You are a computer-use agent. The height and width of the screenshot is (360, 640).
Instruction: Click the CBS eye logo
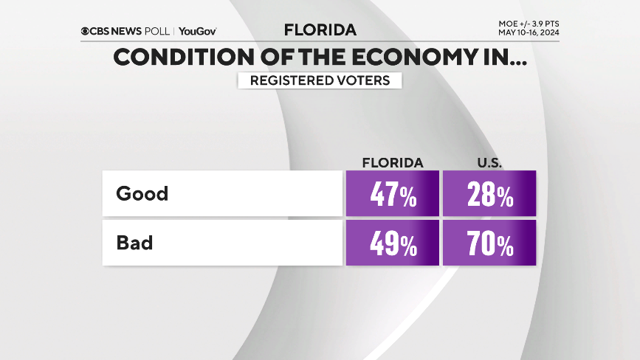pyautogui.click(x=86, y=31)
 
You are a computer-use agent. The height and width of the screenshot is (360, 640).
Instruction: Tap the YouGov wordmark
pyautogui.click(x=198, y=31)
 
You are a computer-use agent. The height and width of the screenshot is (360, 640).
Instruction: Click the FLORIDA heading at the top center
pyautogui.click(x=320, y=30)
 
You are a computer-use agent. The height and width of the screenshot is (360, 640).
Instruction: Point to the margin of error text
pyautogui.click(x=529, y=24)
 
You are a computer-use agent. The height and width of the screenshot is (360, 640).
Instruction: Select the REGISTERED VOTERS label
pyautogui.click(x=320, y=80)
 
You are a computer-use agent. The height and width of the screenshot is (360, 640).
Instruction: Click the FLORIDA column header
pyautogui.click(x=392, y=163)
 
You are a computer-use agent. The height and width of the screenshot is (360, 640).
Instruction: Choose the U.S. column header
pyautogui.click(x=489, y=163)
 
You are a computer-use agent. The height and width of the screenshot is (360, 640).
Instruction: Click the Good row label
pyautogui.click(x=142, y=194)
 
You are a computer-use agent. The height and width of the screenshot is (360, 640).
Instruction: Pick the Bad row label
pyautogui.click(x=134, y=243)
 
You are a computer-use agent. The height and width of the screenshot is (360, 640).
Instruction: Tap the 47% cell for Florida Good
pyautogui.click(x=392, y=195)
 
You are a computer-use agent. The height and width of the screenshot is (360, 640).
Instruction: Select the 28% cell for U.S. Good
pyautogui.click(x=489, y=195)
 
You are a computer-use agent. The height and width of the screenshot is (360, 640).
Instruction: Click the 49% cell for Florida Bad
pyautogui.click(x=392, y=243)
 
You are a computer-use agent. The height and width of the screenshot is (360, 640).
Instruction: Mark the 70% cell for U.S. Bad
pyautogui.click(x=489, y=243)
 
